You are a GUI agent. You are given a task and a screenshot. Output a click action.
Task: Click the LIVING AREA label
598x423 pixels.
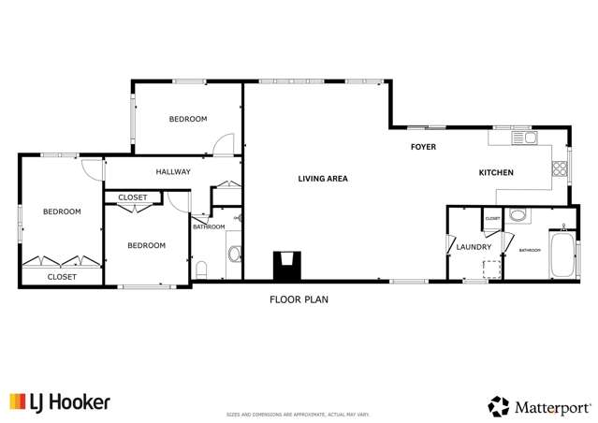[323, 178]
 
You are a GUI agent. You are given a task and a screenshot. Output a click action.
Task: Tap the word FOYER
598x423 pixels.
[424, 147]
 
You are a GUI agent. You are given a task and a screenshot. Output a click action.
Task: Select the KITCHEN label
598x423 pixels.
[496, 173]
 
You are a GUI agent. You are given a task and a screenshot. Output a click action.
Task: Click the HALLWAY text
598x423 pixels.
[173, 171]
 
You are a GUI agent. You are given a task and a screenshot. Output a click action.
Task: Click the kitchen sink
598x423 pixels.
[525, 139]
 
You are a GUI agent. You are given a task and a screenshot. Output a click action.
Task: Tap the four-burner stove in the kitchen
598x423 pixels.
[560, 169]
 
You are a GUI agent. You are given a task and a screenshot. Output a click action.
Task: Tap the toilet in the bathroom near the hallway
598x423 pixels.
[201, 271]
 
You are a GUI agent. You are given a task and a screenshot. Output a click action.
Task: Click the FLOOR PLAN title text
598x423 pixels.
[299, 300]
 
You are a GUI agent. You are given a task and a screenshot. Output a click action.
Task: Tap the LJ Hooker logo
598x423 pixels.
[60, 402]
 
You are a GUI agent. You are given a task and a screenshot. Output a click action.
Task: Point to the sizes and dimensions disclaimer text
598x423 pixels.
[299, 414]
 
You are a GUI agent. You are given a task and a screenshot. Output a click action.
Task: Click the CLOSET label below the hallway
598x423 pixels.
[133, 197]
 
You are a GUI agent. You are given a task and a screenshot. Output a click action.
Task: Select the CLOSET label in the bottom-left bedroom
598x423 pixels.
[62, 277]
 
